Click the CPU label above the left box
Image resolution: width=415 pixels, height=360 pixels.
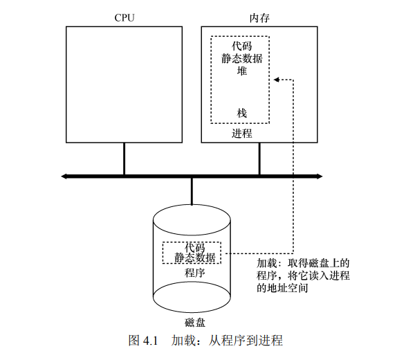click(x=124, y=18)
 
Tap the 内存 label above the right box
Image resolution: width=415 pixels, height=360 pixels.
click(x=259, y=18)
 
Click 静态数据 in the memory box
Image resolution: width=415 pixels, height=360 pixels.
click(x=242, y=57)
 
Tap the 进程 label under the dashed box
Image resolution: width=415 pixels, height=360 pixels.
click(x=242, y=132)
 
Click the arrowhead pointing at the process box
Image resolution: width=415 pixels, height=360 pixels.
click(x=276, y=80)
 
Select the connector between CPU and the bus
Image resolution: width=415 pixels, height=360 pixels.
click(x=124, y=159)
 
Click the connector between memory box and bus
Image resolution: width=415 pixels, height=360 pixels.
click(x=259, y=159)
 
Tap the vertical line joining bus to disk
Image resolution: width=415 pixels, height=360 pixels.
click(x=192, y=191)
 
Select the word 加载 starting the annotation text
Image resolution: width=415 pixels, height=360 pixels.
click(x=266, y=263)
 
